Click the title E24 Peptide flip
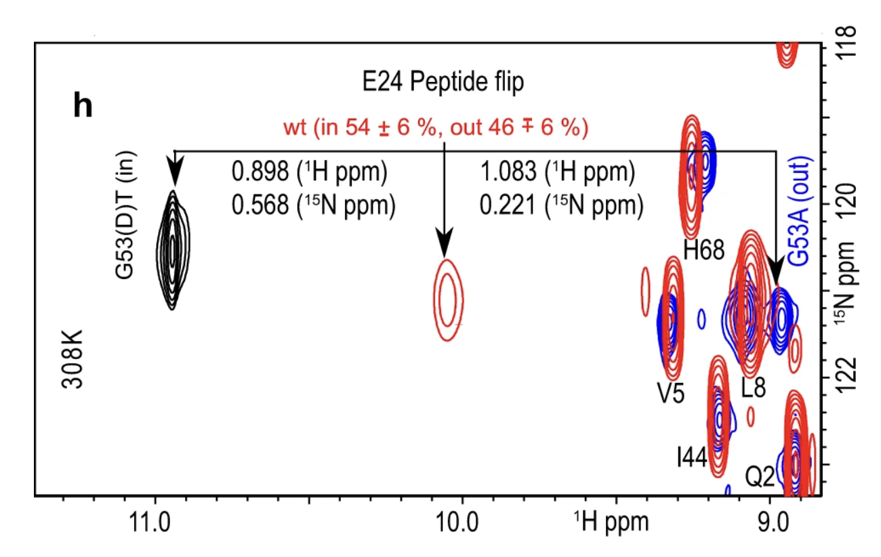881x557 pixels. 443,83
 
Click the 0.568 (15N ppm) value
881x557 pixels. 313,205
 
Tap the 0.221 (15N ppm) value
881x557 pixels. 560,205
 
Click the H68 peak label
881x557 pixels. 703,251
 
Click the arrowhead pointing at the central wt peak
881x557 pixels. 444,243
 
